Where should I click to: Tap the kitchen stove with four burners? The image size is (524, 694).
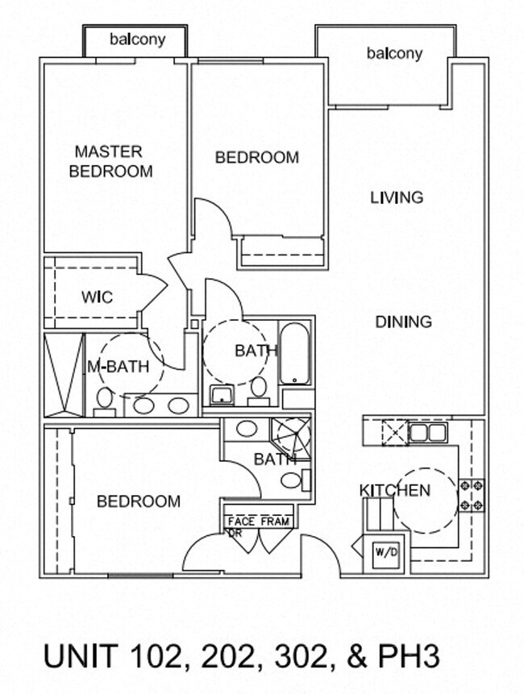click(472, 495)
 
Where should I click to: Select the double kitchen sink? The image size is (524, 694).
click(427, 432)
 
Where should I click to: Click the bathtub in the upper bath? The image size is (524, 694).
click(294, 354)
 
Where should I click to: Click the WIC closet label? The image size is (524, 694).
click(98, 297)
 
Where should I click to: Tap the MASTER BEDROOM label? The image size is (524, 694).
click(110, 161)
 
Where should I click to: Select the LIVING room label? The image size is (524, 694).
click(397, 197)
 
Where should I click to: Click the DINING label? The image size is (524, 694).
click(403, 322)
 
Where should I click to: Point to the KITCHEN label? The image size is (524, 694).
click(394, 490)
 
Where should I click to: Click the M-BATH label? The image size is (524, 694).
click(119, 367)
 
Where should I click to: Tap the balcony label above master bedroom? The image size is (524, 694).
click(138, 39)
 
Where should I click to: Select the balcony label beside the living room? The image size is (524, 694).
click(395, 53)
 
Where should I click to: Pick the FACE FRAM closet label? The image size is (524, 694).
click(259, 522)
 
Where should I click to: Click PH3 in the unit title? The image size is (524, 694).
click(410, 656)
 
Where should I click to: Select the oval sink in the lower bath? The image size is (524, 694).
click(247, 429)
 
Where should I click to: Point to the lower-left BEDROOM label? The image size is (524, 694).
click(139, 501)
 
